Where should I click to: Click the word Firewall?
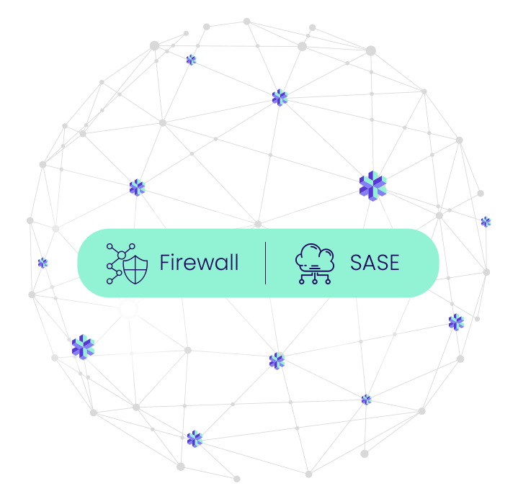coord(199,263)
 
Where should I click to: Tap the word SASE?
coord(375,263)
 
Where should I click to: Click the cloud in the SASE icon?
coord(316,256)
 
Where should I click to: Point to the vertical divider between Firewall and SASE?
coord(265,263)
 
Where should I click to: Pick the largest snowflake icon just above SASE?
coord(372,186)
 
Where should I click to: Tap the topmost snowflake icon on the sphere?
coord(191,60)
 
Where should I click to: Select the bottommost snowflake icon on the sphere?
coord(195,438)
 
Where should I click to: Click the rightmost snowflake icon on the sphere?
coord(486,222)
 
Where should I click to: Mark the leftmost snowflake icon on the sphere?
coord(43,263)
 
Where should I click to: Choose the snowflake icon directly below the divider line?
coord(277,361)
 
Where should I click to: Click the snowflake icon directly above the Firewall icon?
coord(137,187)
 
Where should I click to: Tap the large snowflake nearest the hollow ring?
coord(83,347)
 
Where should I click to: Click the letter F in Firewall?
coord(164,263)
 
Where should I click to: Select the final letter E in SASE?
coord(393,263)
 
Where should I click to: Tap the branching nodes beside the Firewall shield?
coord(114,263)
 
